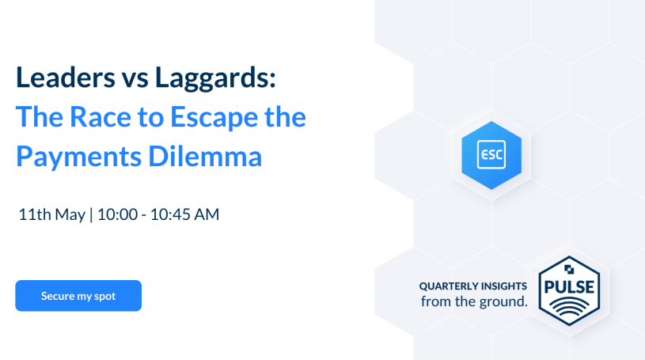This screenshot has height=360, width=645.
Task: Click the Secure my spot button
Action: [78, 296]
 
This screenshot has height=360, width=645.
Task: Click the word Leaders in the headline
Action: [66, 78]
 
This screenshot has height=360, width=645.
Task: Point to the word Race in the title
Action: [101, 117]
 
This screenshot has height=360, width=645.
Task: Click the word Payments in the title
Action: [78, 157]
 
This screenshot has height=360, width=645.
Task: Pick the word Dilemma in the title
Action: [205, 156]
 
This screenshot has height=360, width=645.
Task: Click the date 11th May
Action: [51, 214]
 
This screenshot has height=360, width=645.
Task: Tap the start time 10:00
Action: [117, 214]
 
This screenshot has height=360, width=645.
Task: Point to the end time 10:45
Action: [169, 214]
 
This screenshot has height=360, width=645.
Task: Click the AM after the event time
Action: [207, 214]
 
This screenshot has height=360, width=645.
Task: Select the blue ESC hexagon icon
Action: [491, 155]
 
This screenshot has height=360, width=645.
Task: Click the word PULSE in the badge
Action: [569, 286]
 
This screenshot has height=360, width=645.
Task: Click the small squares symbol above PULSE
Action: [569, 270]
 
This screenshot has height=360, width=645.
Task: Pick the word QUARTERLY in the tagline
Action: [449, 286]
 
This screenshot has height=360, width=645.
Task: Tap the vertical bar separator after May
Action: [91, 214]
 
